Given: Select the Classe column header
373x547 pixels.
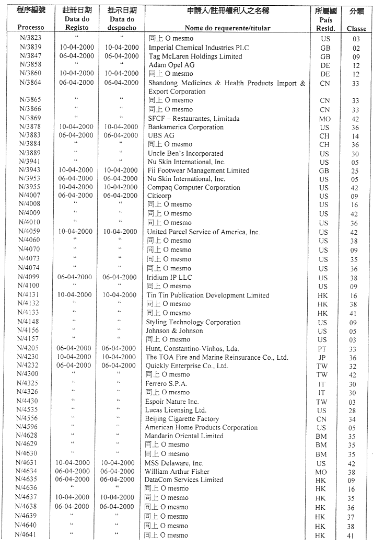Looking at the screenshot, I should click(x=356, y=29).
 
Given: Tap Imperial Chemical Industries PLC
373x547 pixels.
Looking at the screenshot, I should click(x=199, y=48).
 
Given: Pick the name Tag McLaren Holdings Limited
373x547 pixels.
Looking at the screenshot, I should click(x=195, y=56).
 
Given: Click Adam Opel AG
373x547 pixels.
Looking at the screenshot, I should click(x=171, y=65).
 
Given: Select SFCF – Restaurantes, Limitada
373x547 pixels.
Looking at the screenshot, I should click(x=194, y=119).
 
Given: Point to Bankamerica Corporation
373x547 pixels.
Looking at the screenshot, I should click(x=185, y=127).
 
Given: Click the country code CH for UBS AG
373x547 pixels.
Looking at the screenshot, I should click(x=324, y=136).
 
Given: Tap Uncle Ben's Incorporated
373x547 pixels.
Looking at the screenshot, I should click(x=185, y=154).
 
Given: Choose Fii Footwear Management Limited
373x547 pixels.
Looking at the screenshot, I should click(x=199, y=170).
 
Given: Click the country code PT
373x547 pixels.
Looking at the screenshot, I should click(x=322, y=349).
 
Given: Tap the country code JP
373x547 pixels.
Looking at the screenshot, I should click(x=322, y=358).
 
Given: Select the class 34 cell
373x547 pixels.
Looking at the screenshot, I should click(x=353, y=419).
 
